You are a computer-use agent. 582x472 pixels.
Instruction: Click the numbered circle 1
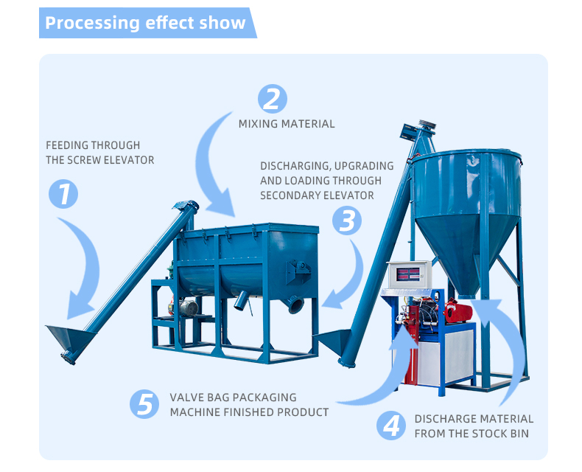(x=63, y=194)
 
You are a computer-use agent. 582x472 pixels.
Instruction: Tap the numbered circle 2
(x=273, y=99)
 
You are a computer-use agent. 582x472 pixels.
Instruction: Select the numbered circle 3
(x=347, y=221)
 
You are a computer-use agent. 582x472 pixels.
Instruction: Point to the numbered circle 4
(x=391, y=426)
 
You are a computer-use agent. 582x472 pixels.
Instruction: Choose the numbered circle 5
(x=144, y=404)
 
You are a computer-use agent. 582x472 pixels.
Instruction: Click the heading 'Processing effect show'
(x=145, y=23)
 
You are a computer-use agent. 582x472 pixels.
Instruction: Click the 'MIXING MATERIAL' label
(x=287, y=124)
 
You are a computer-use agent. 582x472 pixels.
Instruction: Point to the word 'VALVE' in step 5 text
(x=186, y=398)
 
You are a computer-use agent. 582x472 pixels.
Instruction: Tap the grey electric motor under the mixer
(x=187, y=308)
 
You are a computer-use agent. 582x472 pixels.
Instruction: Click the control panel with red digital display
(x=409, y=274)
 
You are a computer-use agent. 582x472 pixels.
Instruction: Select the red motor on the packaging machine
(x=458, y=311)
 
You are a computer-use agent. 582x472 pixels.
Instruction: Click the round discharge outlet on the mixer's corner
(x=295, y=305)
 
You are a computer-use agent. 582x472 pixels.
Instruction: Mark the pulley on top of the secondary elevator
(x=427, y=125)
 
